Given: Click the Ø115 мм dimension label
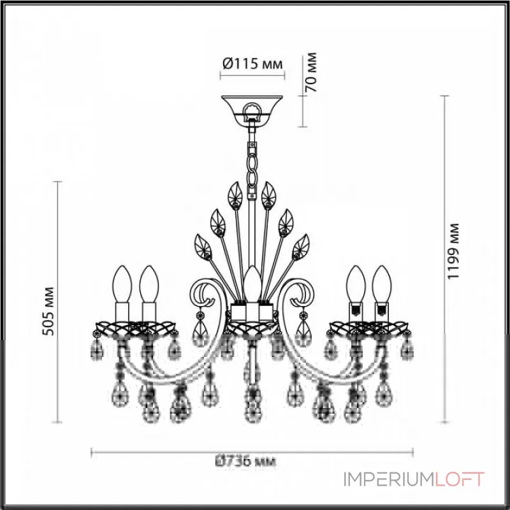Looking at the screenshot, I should [x=251, y=64].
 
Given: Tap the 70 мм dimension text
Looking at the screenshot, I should [x=312, y=74].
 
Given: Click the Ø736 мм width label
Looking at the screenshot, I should [x=250, y=461].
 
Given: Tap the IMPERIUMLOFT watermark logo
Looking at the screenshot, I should [x=414, y=479].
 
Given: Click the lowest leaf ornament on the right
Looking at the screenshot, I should [x=300, y=245].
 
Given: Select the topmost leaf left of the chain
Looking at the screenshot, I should [x=235, y=192].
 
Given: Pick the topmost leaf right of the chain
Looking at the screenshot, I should [x=268, y=192].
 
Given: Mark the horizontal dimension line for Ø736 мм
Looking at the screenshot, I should [x=159, y=453].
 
